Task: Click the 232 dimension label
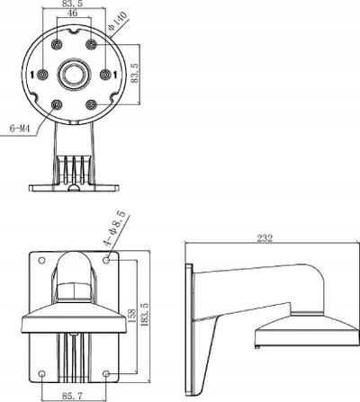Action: pos(265,238)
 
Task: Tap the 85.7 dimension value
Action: pos(72,397)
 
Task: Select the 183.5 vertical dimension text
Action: pos(145,314)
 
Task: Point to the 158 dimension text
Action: pos(131,316)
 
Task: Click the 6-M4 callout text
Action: pos(20,129)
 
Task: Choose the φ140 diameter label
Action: pos(117,22)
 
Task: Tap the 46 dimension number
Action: pos(72,13)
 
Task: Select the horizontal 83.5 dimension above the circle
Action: pos(73,4)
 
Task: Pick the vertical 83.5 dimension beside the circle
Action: pos(134,73)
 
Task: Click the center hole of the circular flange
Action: pos(74,74)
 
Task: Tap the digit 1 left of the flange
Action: pos(33,75)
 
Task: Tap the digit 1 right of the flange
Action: pos(115,75)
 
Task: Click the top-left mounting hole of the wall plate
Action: pos(42,260)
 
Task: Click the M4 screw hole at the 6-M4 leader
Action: pos(57,105)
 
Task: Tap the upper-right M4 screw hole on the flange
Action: pos(91,45)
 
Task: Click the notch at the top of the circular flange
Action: pos(74,31)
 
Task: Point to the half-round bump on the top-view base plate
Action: pos(74,188)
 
